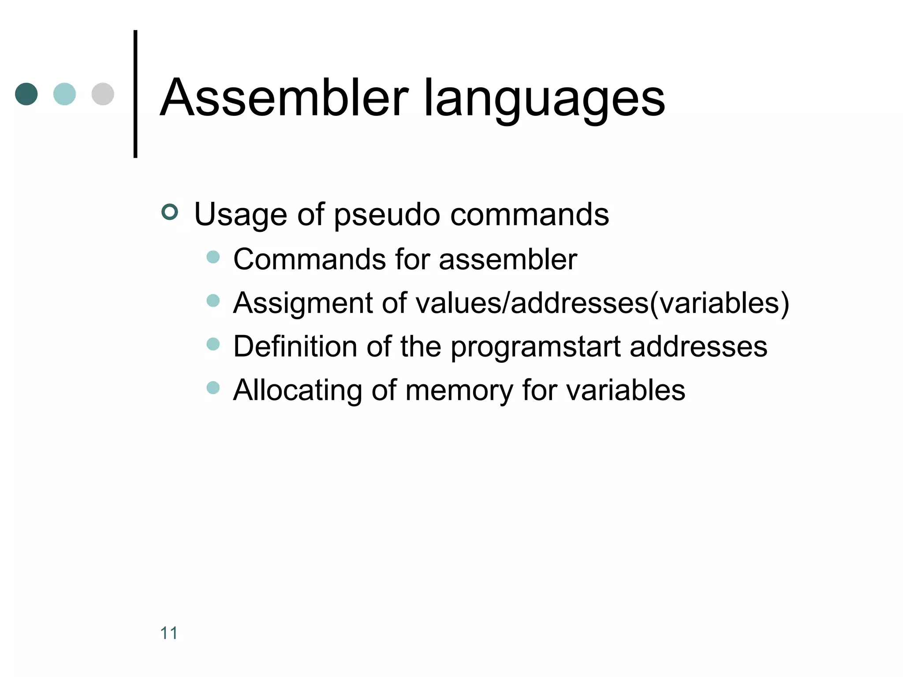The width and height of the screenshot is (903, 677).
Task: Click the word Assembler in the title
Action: pyautogui.click(x=284, y=98)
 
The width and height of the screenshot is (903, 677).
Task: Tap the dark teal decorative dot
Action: pyautogui.click(x=26, y=94)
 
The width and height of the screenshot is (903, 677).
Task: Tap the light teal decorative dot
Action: pyautogui.click(x=64, y=94)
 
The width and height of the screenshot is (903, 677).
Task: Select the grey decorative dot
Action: pyautogui.click(x=103, y=94)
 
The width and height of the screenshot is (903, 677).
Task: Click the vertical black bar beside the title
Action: pyautogui.click(x=135, y=94)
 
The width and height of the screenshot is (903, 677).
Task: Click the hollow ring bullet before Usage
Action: pyautogui.click(x=170, y=212)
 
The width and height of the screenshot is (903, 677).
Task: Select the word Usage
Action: pyautogui.click(x=241, y=215)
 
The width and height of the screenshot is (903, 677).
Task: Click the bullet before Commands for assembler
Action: pyautogui.click(x=213, y=257)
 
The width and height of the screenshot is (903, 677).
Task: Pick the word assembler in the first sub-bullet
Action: pyautogui.click(x=508, y=259)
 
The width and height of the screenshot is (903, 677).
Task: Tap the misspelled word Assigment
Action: pyautogui.click(x=303, y=303)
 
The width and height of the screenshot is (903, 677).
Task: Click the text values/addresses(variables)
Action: pyautogui.click(x=602, y=303)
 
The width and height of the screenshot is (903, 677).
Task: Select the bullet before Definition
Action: pyautogui.click(x=213, y=344)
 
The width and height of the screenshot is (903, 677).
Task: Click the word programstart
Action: pyautogui.click(x=536, y=347)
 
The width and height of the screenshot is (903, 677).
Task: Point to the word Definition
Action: pyautogui.click(x=295, y=346)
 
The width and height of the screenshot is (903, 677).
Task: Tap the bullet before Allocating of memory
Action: pyautogui.click(x=213, y=388)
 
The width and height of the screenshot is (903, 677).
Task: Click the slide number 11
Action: pyautogui.click(x=169, y=633)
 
